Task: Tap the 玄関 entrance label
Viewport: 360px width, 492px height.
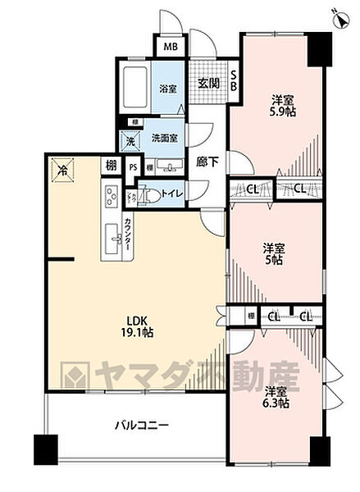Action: click(x=208, y=83)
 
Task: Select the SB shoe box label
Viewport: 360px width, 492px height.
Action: click(x=234, y=80)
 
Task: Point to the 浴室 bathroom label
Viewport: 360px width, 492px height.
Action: click(x=168, y=88)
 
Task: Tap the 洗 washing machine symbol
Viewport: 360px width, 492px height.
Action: click(x=130, y=141)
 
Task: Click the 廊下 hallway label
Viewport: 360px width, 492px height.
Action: click(x=208, y=162)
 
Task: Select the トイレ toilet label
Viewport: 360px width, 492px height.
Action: click(x=172, y=194)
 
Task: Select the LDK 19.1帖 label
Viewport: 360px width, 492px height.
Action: click(x=134, y=326)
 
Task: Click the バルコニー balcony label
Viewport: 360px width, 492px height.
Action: click(x=141, y=426)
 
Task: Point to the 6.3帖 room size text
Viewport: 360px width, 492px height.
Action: click(x=276, y=404)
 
